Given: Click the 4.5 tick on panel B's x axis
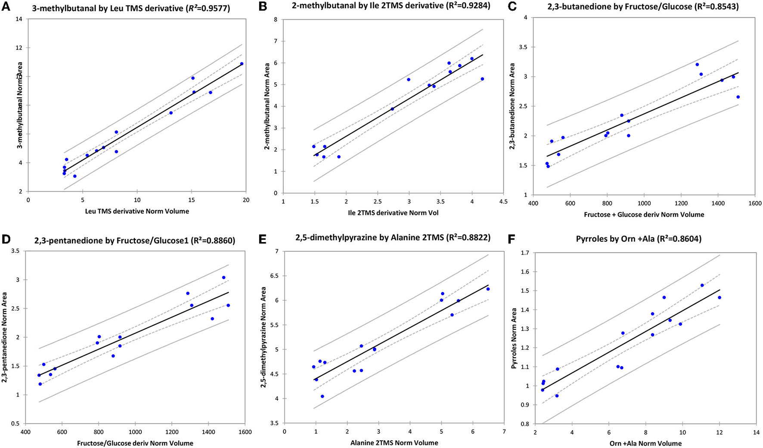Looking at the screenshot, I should [503, 202].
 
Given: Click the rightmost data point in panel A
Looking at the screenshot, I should [242, 64].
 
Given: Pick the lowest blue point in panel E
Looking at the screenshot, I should [322, 396].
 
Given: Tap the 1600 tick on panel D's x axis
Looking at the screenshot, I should [245, 432].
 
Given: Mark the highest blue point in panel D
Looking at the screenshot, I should [223, 277].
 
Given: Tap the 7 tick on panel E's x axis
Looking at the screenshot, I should [504, 432].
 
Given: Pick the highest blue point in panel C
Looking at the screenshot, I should [697, 65].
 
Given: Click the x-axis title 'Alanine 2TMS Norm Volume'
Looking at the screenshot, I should [394, 443].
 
